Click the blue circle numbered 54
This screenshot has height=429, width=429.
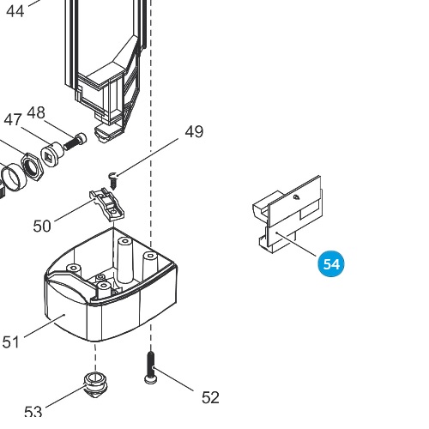click(331, 263)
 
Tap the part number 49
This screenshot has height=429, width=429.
click(194, 132)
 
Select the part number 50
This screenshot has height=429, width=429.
click(42, 226)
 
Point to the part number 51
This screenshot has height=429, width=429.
click(11, 341)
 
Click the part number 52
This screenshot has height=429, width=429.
click(210, 397)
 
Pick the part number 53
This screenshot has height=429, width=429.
click(33, 412)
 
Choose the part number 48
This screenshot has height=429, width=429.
click(36, 112)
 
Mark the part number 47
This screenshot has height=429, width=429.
click(13, 119)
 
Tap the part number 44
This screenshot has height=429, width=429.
click(15, 11)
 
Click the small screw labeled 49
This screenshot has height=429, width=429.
click(113, 180)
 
